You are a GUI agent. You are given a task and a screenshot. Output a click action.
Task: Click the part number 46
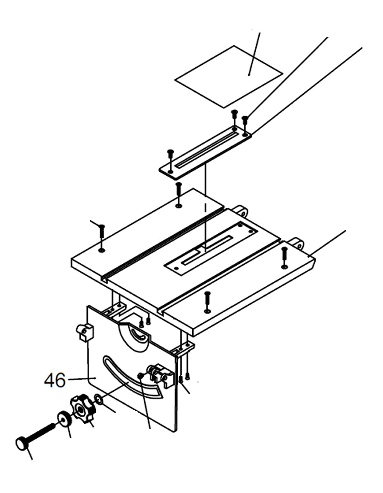pos(54,380)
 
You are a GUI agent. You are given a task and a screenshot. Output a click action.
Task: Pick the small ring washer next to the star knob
pos(98,400)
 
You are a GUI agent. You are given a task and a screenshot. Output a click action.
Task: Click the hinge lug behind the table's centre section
pos(241,211)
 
